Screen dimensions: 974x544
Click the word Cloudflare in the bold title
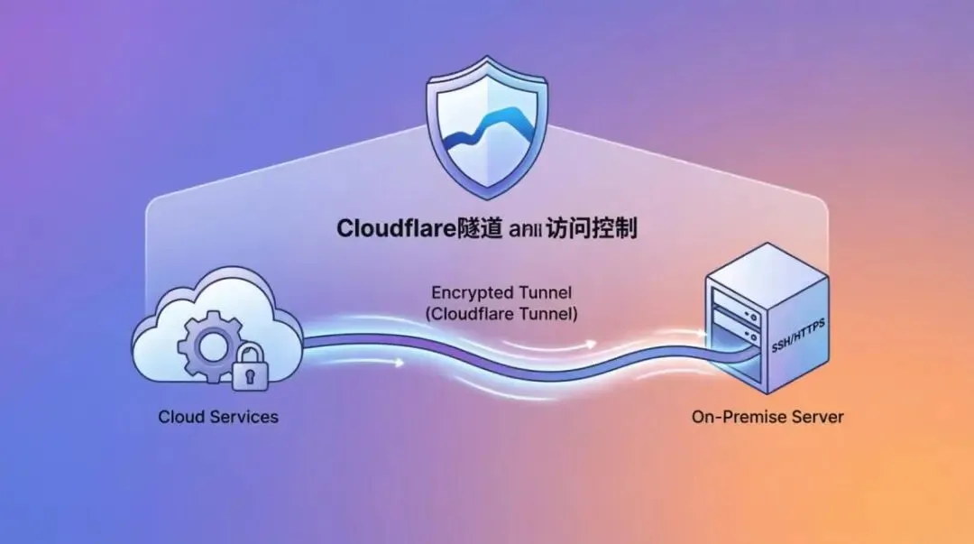tap(394, 228)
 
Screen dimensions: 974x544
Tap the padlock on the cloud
tap(249, 369)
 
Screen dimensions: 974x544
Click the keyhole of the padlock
tap(249, 375)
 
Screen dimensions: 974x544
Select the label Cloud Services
tap(218, 417)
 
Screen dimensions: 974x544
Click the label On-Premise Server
tap(767, 417)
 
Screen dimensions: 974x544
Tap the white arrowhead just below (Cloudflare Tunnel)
tap(591, 344)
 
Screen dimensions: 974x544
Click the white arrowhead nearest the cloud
tap(399, 363)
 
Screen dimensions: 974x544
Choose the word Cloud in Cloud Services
tap(179, 417)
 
